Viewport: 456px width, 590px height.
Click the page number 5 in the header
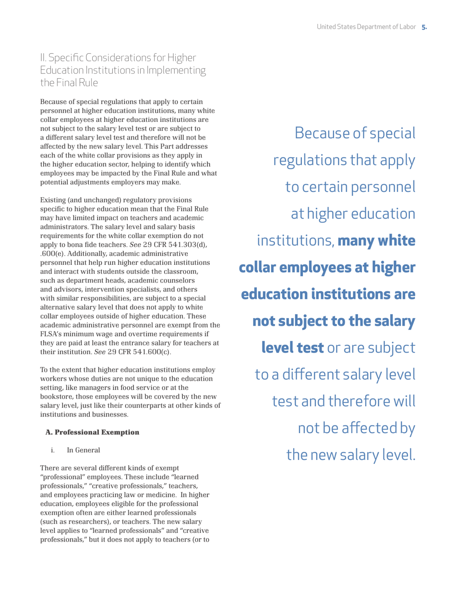pyautogui.click(x=423, y=27)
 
